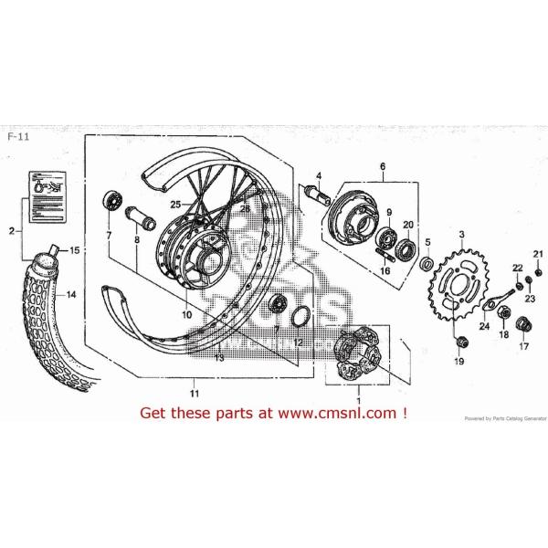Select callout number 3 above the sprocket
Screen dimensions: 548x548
[462, 235]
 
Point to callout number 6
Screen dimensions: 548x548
[384, 166]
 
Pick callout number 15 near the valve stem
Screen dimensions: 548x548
[75, 250]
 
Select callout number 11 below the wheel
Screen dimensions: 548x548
[193, 393]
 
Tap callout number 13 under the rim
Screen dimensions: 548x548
[219, 359]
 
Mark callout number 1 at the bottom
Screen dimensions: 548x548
[358, 400]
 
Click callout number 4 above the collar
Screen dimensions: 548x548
[320, 175]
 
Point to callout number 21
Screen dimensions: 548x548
[538, 253]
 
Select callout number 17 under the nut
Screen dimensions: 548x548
[524, 346]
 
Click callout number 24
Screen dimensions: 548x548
[484, 326]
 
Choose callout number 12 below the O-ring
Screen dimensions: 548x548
[298, 342]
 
